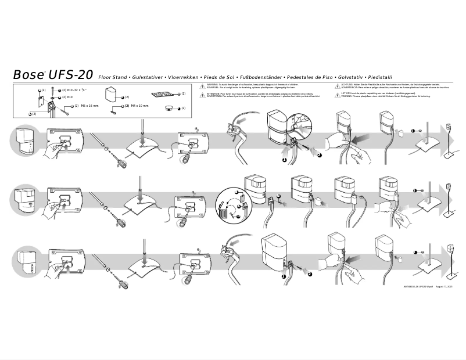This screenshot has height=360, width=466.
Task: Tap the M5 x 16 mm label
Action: (x=89, y=106)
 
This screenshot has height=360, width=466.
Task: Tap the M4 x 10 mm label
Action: (x=139, y=106)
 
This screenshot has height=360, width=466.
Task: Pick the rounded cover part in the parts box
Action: (x=112, y=95)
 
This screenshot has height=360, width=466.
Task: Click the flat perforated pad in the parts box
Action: (x=162, y=94)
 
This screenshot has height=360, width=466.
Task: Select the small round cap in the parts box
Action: (x=169, y=108)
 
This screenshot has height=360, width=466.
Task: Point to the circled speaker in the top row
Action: (x=25, y=141)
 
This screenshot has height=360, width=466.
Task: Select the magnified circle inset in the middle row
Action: (x=231, y=206)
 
